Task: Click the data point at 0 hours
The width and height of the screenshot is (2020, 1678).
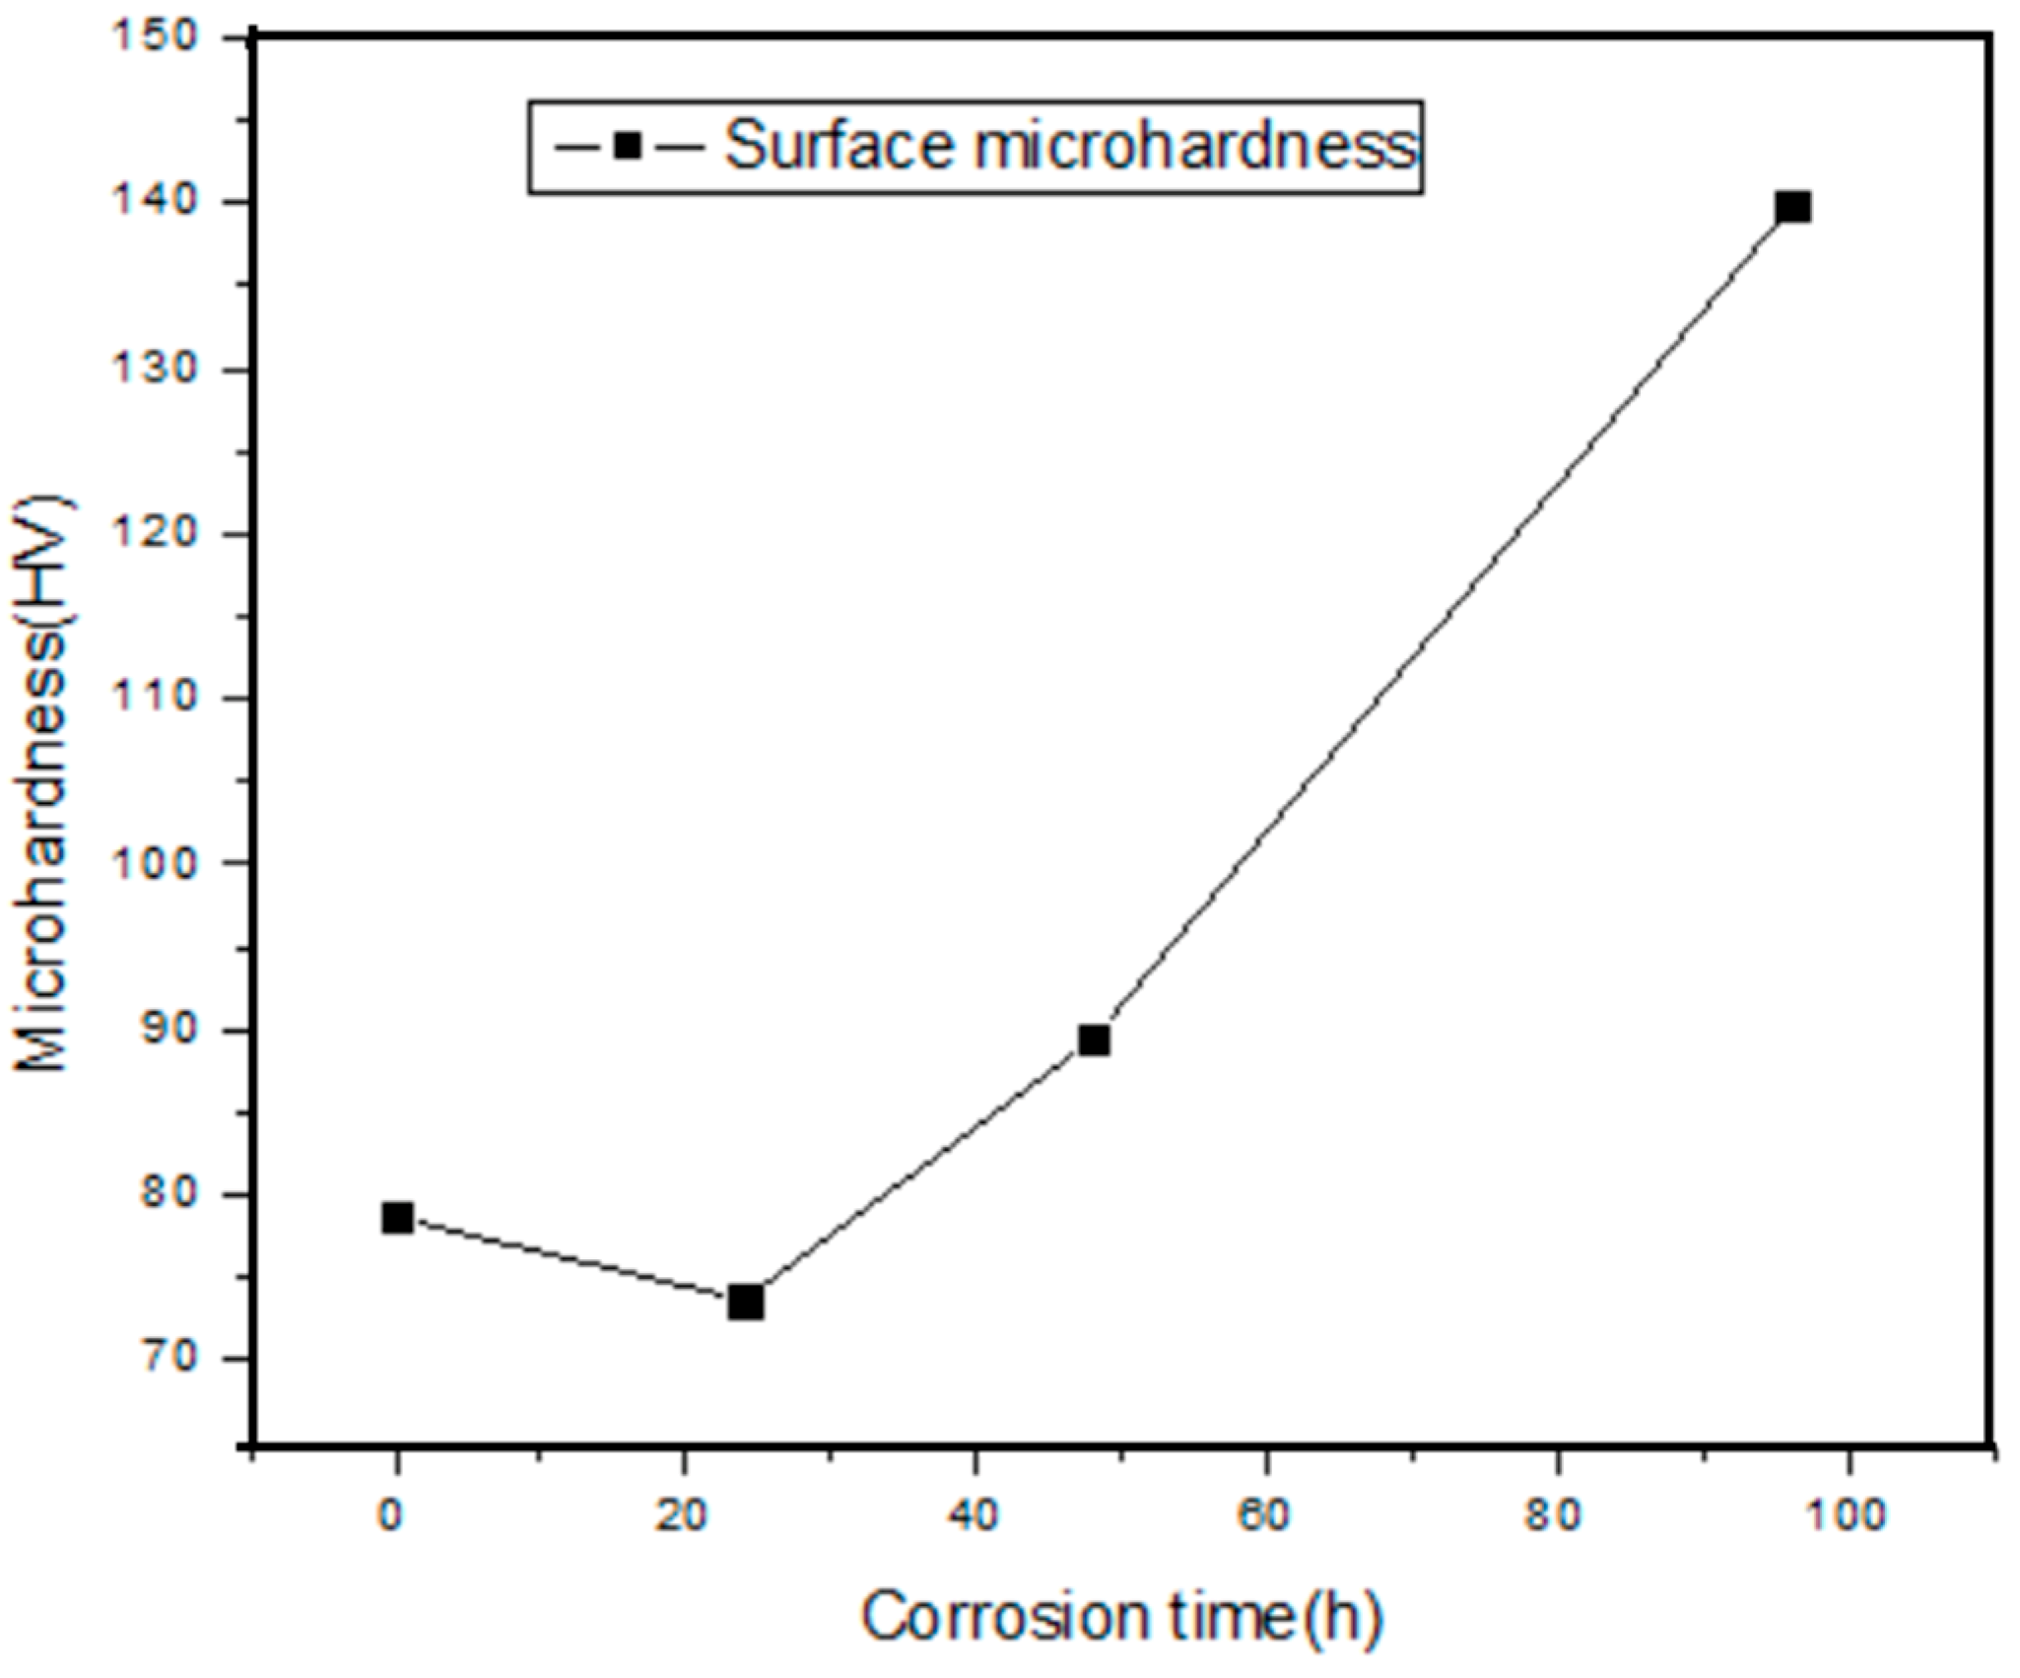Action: [397, 1218]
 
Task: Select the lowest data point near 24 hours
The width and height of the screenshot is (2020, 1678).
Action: [746, 1303]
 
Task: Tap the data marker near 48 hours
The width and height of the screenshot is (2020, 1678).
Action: [1095, 1040]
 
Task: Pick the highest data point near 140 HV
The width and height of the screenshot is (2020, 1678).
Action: [1792, 208]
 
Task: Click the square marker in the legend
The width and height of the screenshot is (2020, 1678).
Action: [628, 147]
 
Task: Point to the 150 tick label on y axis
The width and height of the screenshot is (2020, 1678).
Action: [164, 37]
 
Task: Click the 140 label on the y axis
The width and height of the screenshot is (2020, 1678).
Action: [164, 202]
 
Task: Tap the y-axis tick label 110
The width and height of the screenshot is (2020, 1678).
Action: [164, 698]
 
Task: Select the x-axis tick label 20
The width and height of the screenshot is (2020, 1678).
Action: [683, 1514]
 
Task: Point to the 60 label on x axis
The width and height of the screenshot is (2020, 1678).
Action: [1264, 1514]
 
